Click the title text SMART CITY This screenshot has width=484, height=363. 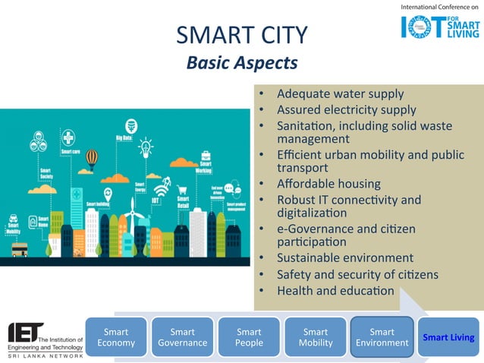pyautogui.click(x=241, y=34)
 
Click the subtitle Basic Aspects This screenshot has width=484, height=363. pyautogui.click(x=241, y=62)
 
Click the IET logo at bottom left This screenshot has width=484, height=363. pyautogui.click(x=46, y=338)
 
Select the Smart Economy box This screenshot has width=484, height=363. pyautogui.click(x=116, y=337)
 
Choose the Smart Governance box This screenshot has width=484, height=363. pyautogui.click(x=182, y=337)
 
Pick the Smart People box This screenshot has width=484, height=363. pyautogui.click(x=249, y=337)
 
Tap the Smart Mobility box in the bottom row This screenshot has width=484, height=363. pyautogui.click(x=316, y=337)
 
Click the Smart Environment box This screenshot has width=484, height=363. pyautogui.click(x=382, y=337)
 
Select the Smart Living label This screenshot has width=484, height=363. pyautogui.click(x=448, y=337)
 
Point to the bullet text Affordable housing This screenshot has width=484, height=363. pyautogui.click(x=328, y=184)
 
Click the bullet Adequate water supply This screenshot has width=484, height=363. pyautogui.click(x=340, y=94)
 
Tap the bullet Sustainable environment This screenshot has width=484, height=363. pyautogui.click(x=345, y=258)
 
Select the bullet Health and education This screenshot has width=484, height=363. pyautogui.click(x=335, y=290)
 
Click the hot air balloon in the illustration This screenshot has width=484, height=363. pyautogui.click(x=92, y=158)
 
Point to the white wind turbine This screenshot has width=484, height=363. pyautogui.click(x=130, y=213)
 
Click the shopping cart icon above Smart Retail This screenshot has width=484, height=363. pyautogui.click(x=182, y=191)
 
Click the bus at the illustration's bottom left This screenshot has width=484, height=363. pyautogui.click(x=19, y=249)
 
